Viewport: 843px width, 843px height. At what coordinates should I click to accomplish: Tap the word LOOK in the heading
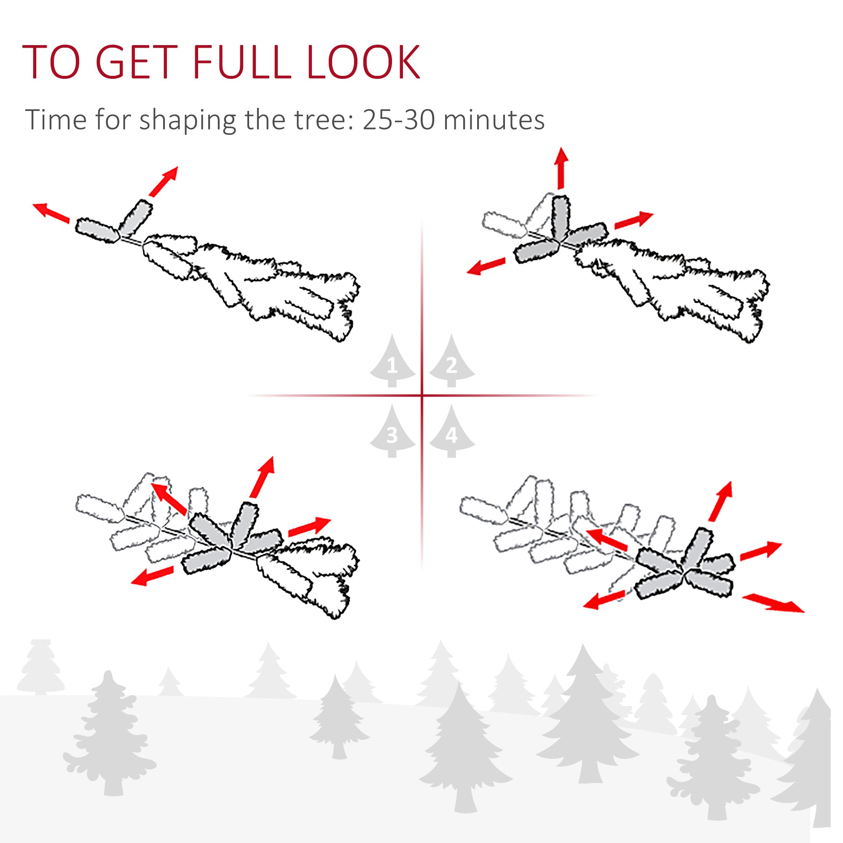(x=363, y=62)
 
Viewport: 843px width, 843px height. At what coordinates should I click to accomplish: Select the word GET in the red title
(x=136, y=62)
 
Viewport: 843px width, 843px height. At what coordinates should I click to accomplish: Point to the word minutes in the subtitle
(x=494, y=120)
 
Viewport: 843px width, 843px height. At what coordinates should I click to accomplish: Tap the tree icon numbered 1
(x=392, y=360)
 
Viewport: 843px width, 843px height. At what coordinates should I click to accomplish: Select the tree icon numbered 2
(x=451, y=360)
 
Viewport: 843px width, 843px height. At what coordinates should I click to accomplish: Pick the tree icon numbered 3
(x=392, y=431)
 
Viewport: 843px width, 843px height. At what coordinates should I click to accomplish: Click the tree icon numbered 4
(x=451, y=431)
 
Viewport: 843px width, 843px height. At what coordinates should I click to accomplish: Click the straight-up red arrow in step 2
(x=561, y=168)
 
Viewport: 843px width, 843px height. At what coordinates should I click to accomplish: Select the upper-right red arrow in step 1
(x=163, y=182)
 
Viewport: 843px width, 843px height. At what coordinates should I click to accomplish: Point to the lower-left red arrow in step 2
(x=486, y=266)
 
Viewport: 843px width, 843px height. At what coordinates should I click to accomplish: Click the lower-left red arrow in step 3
(x=152, y=575)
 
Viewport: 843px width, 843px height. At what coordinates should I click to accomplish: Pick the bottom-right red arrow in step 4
(x=773, y=603)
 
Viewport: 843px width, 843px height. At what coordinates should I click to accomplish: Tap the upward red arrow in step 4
(x=720, y=501)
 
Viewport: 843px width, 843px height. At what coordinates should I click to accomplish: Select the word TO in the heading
(x=51, y=62)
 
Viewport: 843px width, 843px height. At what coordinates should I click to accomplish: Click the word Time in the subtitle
(x=56, y=119)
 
